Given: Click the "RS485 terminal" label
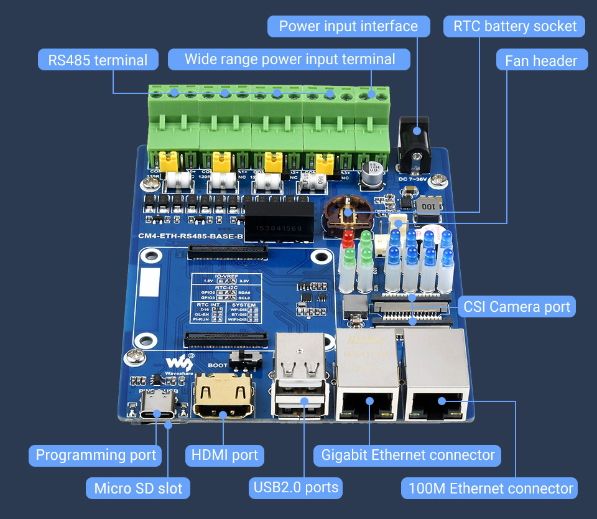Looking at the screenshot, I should pos(98,60).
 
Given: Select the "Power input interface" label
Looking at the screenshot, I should pos(348,26).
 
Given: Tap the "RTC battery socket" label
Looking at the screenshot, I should pos(515,26).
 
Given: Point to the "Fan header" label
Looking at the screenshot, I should pos(541,60).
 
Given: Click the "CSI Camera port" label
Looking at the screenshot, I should pos(516,307).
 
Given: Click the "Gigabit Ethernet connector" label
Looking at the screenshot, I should pos(408,455).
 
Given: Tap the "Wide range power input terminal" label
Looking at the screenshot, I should pos(289,60).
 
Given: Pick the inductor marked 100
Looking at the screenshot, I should pos(428,206).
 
